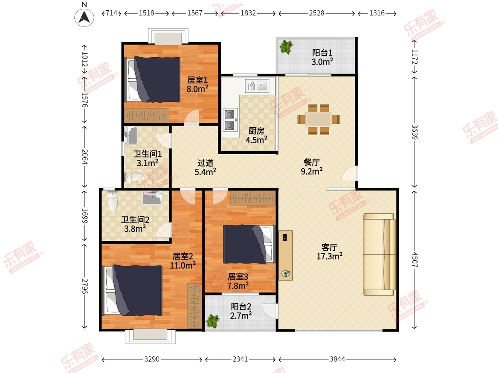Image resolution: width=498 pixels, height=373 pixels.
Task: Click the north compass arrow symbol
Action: point(84,18)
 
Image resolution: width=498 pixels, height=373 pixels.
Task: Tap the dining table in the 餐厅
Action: point(319,119)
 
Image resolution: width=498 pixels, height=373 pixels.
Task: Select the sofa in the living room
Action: point(379,254)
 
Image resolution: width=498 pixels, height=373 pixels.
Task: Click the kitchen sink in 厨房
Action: point(257,86)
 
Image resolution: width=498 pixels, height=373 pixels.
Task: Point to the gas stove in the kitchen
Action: point(230,120)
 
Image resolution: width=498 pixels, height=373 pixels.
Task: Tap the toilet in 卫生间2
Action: point(112,201)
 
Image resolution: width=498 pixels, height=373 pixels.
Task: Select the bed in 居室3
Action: point(249,244)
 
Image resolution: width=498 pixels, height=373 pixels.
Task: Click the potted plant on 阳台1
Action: point(286,47)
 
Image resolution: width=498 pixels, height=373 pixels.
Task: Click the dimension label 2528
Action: point(317,13)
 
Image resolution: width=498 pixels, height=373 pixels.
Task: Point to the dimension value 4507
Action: point(415,259)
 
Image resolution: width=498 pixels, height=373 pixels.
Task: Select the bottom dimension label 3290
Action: point(152,359)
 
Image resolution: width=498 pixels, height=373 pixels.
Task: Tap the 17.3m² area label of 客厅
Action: point(330,256)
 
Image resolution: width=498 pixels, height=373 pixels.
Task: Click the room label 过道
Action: point(205,163)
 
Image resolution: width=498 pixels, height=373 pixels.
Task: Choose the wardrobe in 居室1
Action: point(146,116)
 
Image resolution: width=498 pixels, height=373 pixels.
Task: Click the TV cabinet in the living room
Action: point(286,255)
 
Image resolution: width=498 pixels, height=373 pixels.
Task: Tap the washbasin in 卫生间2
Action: point(152,198)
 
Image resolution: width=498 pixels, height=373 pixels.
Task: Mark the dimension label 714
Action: point(111,13)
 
